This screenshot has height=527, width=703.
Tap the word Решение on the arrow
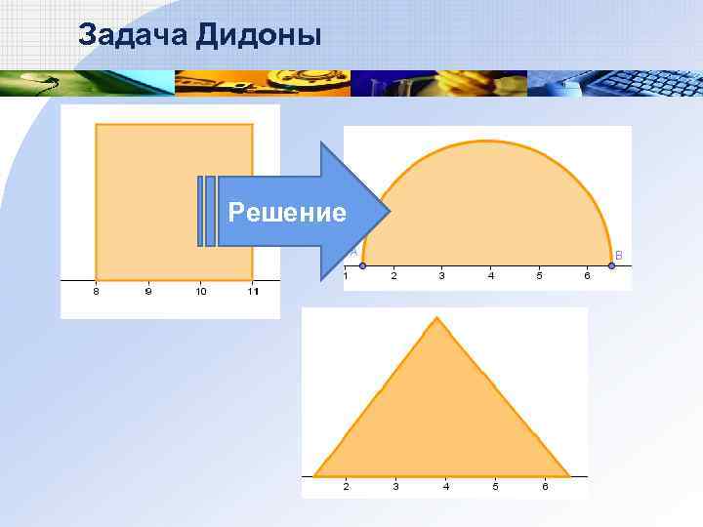[286, 212]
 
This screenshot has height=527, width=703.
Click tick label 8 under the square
[96, 291]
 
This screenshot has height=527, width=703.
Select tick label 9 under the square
[148, 291]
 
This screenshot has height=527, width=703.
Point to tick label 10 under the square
[200, 291]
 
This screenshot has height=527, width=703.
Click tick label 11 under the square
[253, 291]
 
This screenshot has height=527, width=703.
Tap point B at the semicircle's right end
[611, 265]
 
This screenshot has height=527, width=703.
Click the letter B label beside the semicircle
[617, 255]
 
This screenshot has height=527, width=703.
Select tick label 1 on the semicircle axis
[346, 275]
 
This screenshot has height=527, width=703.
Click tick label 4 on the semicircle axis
[491, 275]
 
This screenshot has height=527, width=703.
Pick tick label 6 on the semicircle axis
[587, 275]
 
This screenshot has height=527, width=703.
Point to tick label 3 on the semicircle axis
[442, 275]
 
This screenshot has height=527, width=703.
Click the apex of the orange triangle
[437, 318]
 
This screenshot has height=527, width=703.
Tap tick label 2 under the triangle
[346, 485]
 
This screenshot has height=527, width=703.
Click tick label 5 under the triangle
[495, 485]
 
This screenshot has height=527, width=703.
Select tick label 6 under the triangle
[545, 485]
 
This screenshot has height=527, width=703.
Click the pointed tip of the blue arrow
[390, 212]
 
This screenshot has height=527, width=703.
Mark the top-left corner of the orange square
[96, 125]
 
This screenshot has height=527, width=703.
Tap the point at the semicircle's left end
[363, 265]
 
